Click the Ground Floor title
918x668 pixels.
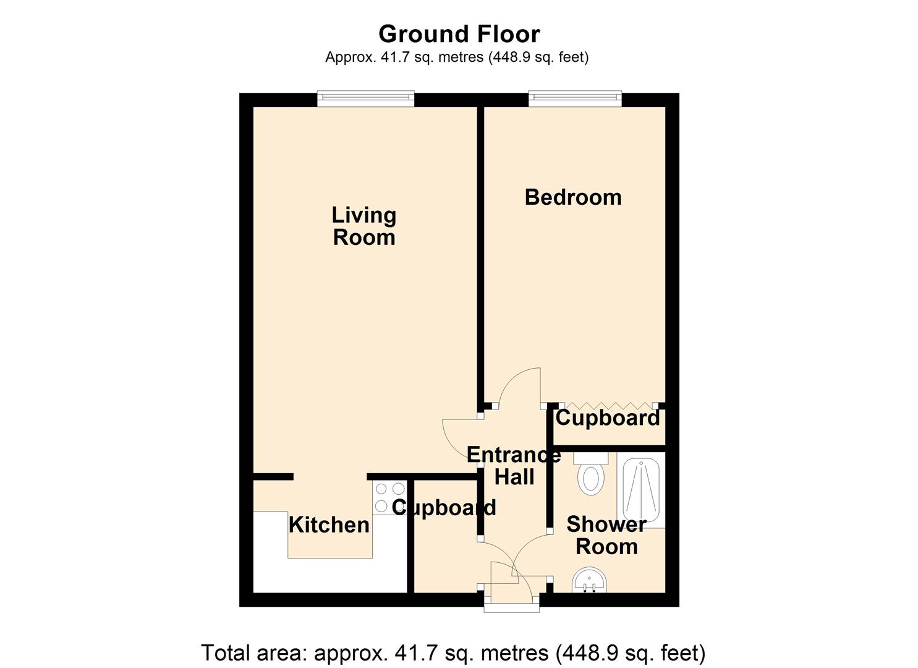[459, 33]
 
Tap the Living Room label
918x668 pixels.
[363, 226]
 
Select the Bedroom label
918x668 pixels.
[572, 197]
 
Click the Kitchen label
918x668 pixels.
[329, 525]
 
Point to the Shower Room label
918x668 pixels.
[606, 536]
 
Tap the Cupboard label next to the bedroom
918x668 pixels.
[607, 418]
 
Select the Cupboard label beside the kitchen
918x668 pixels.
[444, 508]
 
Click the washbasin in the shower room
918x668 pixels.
[589, 582]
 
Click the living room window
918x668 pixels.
[365, 98]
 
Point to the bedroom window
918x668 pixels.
[574, 98]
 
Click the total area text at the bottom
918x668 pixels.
[453, 653]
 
